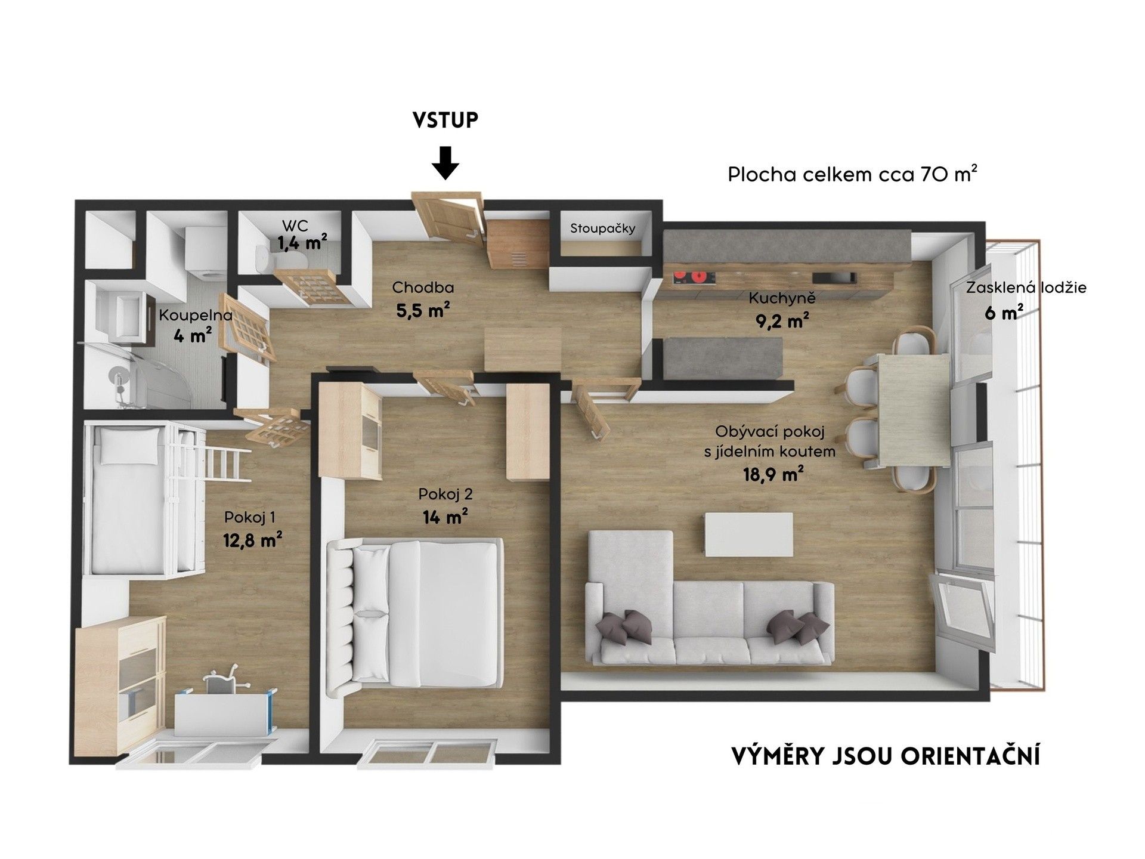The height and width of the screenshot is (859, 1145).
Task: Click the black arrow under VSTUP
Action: coord(445,163)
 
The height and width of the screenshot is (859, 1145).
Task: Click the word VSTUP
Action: coord(445,120)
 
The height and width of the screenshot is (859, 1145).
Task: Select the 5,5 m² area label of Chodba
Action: coord(422,310)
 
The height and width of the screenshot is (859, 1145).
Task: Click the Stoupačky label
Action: coord(602,228)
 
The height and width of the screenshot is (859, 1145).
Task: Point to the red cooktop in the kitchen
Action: coord(695,277)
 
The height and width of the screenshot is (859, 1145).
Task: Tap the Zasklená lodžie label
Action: coord(1026,288)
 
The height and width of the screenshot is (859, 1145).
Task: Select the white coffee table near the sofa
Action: coord(748,534)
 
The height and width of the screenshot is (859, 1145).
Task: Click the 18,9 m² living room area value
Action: coord(769,475)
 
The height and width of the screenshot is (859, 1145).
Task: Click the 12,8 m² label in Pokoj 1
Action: coord(252,540)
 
